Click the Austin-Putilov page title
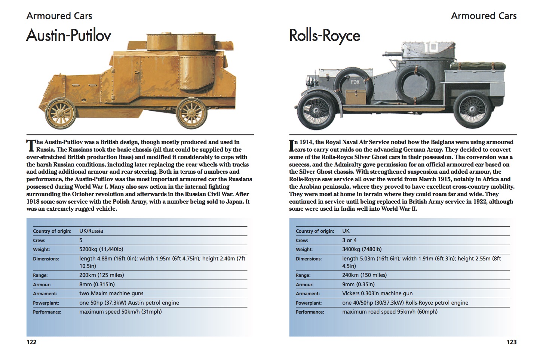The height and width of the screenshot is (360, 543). pos(69,36)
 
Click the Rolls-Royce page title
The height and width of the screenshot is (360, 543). pos(325,36)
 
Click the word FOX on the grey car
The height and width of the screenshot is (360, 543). pos(355,82)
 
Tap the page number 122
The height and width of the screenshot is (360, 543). pos(31,342)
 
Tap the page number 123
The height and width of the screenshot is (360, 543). pos(511,342)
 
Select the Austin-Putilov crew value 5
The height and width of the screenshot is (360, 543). pos(81,240)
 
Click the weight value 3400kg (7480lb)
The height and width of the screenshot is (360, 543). pos(362,249)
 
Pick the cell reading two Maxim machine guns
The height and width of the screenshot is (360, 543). pos(111,293)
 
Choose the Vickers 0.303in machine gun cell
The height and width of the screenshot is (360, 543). pos(377,293)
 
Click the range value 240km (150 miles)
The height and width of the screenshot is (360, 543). pos(364,275)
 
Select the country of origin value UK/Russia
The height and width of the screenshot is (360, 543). pos(91,231)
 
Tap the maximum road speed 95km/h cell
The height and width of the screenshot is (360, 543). pos(390,312)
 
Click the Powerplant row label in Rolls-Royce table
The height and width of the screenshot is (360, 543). pos(309,303)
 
